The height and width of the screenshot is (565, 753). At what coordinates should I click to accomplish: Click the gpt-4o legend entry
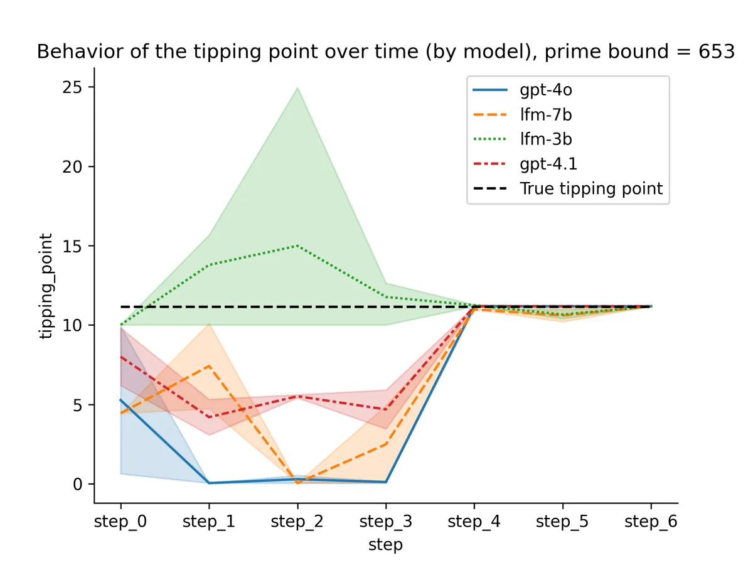pos(545,89)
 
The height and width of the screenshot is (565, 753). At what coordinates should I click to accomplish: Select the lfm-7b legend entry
pos(545,114)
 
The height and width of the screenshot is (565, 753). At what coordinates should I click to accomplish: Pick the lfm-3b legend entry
pos(545,139)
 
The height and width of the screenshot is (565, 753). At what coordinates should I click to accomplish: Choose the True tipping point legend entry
pos(590,189)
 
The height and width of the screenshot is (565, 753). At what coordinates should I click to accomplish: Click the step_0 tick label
pos(120,522)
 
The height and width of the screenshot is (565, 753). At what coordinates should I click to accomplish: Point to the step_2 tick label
pos(297,522)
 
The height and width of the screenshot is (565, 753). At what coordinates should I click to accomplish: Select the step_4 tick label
pos(474,522)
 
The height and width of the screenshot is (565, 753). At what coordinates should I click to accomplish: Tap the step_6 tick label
pos(651,522)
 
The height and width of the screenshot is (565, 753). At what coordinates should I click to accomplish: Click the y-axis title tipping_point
pos(46,286)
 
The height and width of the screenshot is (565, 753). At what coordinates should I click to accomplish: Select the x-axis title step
pos(385,545)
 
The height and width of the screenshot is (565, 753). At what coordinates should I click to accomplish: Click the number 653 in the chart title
pos(716,51)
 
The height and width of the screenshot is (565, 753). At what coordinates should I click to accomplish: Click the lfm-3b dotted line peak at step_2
pos(297,245)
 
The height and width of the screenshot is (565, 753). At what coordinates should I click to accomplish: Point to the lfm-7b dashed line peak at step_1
pos(209,365)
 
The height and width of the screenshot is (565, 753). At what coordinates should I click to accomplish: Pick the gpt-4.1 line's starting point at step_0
pos(120,357)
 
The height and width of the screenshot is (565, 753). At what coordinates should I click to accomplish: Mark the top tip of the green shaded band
pos(297,87)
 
